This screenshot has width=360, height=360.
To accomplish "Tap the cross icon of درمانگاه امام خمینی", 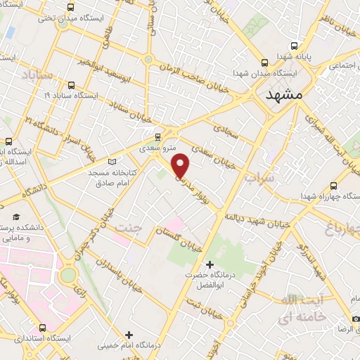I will click(128, 334).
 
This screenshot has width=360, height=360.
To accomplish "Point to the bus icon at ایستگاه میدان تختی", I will click(63, 22).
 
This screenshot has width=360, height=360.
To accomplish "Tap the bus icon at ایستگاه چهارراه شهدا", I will click(332, 186).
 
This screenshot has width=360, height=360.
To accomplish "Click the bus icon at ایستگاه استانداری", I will click(42, 328).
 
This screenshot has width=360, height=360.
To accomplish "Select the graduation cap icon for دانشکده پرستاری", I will click(15, 215).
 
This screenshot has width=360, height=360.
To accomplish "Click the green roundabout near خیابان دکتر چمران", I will click(68, 274).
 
